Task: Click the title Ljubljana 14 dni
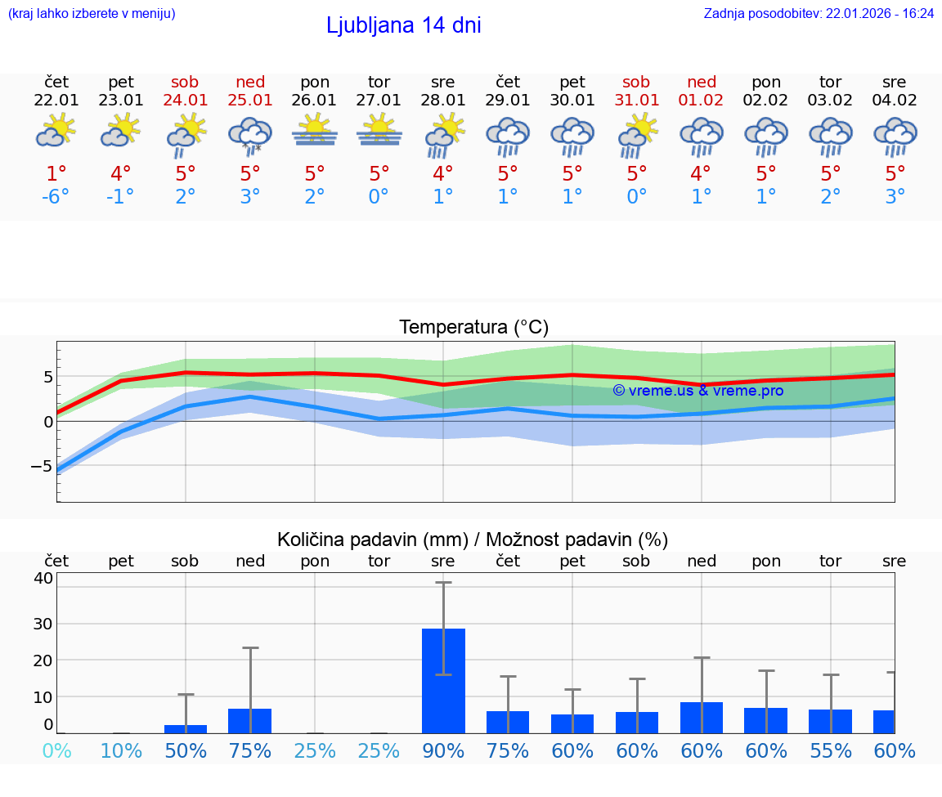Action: click(403, 25)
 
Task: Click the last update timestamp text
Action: click(819, 13)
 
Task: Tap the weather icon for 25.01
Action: click(250, 136)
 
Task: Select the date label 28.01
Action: click(443, 100)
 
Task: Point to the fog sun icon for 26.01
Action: click(315, 131)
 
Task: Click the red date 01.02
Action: click(701, 100)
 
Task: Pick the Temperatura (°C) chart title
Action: click(473, 328)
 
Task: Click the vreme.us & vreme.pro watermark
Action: click(698, 391)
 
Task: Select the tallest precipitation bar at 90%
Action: click(443, 680)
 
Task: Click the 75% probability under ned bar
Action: click(250, 750)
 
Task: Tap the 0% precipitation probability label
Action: click(56, 750)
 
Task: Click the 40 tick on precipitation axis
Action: click(43, 578)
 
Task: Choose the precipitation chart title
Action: click(473, 540)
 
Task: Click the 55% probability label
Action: click(831, 750)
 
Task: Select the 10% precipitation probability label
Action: click(121, 750)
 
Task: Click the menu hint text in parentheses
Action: click(92, 13)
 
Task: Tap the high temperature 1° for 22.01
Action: click(56, 174)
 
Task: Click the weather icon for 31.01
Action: click(636, 136)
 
